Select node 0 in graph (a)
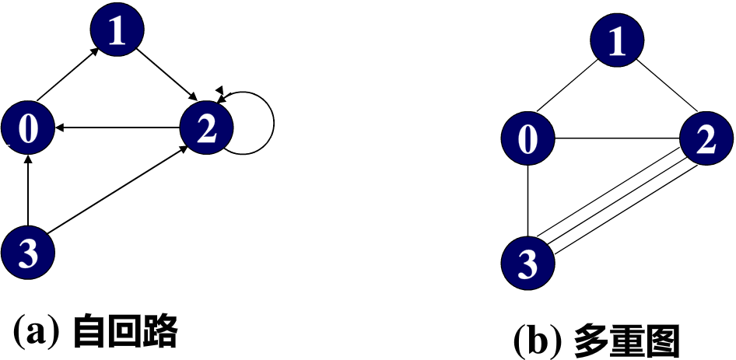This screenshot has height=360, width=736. coord(28,128)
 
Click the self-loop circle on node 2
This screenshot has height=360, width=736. coord(273,123)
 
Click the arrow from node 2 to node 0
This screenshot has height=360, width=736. coord(117,128)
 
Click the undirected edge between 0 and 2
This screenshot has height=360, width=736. coord(615,140)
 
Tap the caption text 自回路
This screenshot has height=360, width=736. coord(125,332)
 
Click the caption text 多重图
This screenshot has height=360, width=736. coord(626,340)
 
